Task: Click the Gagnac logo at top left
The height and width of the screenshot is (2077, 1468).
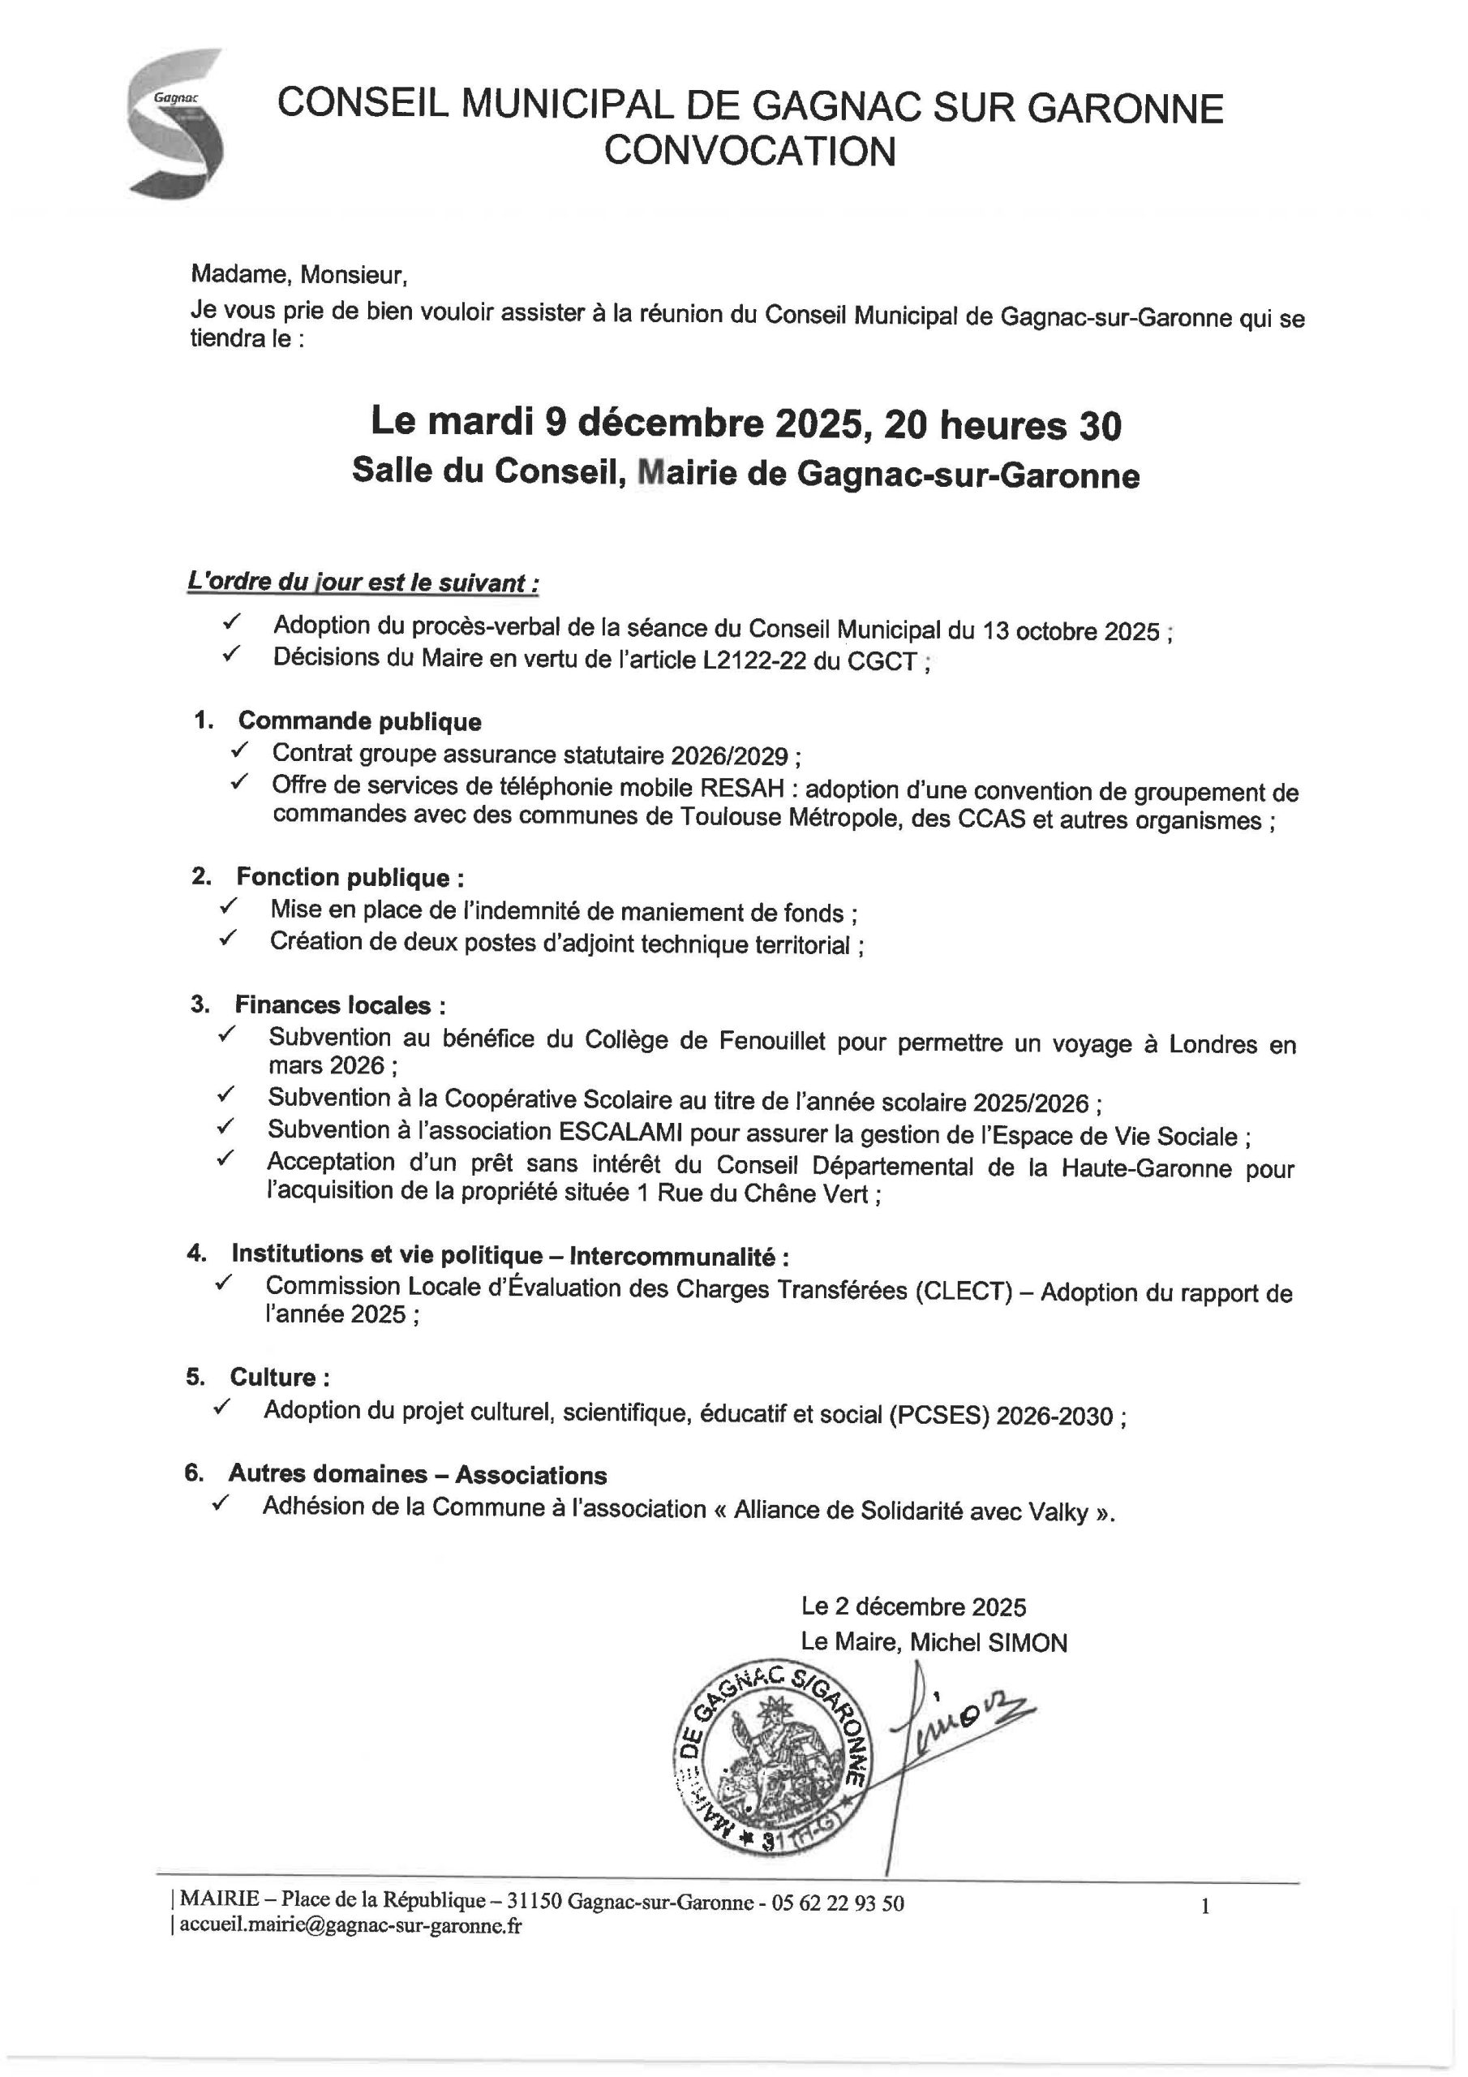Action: (175, 123)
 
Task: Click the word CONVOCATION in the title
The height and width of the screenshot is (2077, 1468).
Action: (750, 151)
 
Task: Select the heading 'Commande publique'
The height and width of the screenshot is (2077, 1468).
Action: (359, 721)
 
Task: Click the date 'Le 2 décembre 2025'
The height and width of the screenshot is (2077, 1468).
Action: (913, 1606)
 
